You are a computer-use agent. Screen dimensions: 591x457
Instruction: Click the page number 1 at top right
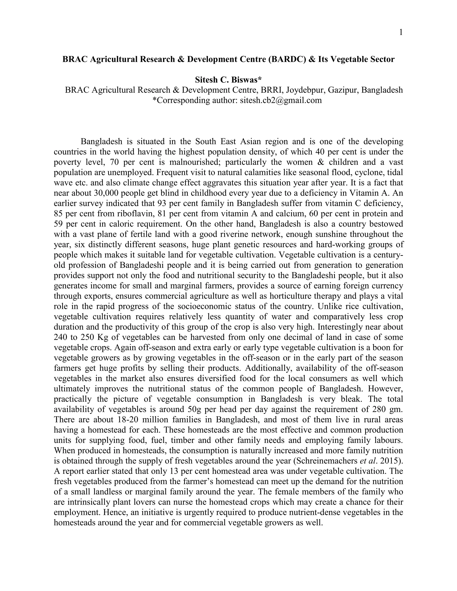click(x=401, y=33)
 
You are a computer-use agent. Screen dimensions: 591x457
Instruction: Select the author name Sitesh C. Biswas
click(x=228, y=80)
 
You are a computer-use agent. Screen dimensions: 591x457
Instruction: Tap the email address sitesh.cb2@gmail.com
click(x=281, y=100)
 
